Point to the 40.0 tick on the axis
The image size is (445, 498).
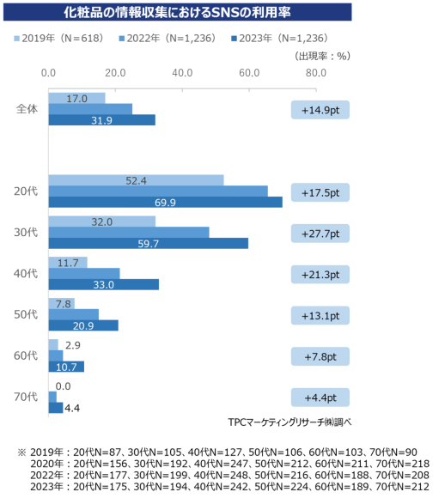tap(182, 72)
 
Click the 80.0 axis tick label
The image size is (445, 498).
tap(315, 72)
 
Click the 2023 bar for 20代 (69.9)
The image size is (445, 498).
tap(165, 202)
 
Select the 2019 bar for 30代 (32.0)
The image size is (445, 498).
tap(101, 221)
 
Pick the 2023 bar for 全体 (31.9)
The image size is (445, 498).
tap(101, 119)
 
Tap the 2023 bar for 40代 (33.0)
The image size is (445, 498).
tap(103, 284)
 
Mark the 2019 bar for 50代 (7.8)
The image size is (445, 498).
tap(61, 303)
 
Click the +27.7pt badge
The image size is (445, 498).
tap(320, 234)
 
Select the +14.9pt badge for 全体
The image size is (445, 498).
tap(320, 109)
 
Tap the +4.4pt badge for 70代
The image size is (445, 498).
tap(320, 398)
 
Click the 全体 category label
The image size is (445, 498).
tap(27, 109)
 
